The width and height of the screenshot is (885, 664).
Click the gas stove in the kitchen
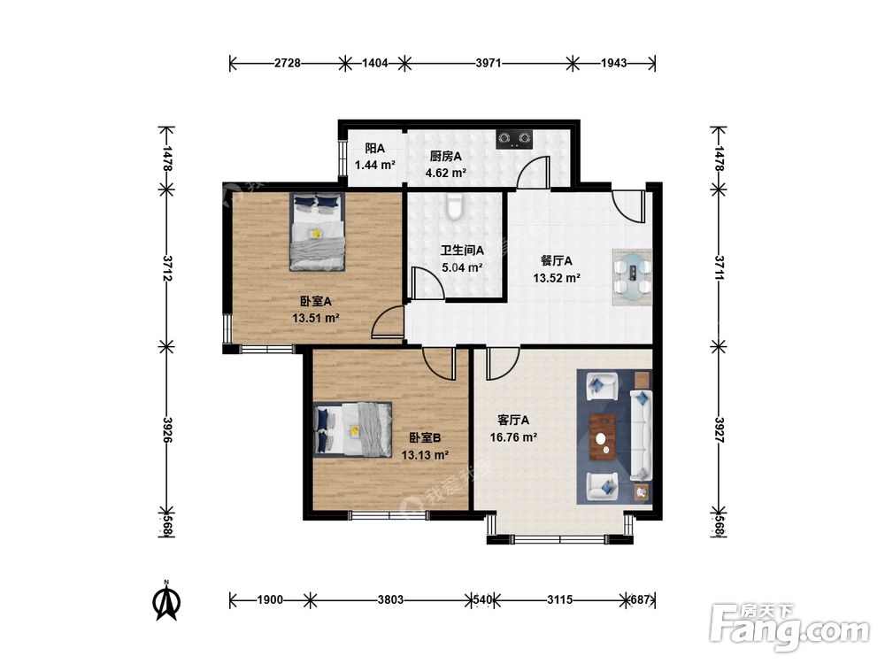point(515,139)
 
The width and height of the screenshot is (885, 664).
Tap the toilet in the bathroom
point(454,206)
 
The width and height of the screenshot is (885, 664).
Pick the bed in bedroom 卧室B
point(353,429)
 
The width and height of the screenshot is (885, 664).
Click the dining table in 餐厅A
point(632,277)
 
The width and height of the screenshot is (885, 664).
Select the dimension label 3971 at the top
point(489,63)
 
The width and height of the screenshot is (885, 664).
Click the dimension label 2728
point(288,63)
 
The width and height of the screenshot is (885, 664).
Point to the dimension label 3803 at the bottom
point(390,599)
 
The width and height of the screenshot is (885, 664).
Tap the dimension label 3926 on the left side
point(166,429)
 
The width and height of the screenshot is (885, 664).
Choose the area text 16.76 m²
point(513,437)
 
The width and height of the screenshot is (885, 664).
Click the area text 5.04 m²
point(462,267)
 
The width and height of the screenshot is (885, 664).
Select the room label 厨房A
point(445,156)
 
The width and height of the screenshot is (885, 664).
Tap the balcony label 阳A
point(374,149)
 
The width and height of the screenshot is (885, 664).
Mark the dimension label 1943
point(613,63)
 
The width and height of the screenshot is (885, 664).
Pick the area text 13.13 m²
point(425,455)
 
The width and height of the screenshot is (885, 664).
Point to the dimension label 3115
point(560,599)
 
